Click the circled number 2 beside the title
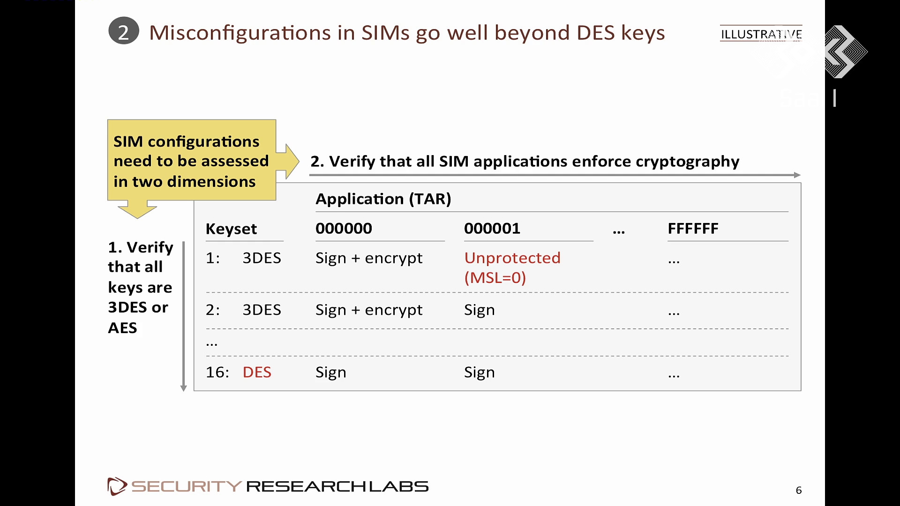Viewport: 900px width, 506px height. (124, 31)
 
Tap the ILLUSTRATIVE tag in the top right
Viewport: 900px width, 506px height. (761, 34)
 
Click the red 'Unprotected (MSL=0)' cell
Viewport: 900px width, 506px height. (512, 268)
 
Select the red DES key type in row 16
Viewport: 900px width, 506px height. (257, 372)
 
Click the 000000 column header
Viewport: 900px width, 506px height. (344, 228)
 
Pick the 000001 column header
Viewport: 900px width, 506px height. (492, 228)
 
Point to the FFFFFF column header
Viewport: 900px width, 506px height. (693, 229)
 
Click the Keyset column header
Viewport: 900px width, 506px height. (231, 229)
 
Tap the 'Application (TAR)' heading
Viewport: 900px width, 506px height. (383, 199)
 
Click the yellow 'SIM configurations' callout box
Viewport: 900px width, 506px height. (192, 160)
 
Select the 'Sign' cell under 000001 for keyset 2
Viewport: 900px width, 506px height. (480, 310)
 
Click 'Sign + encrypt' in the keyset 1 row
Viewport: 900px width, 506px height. (369, 258)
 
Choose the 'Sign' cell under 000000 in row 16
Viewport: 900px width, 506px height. (331, 372)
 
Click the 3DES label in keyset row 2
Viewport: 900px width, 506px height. (262, 310)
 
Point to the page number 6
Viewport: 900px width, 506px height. (799, 490)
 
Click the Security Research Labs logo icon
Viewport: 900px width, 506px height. (117, 486)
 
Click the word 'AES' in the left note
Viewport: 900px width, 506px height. (122, 327)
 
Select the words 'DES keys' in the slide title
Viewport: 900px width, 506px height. (621, 33)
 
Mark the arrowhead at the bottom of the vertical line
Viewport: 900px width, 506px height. (184, 388)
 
